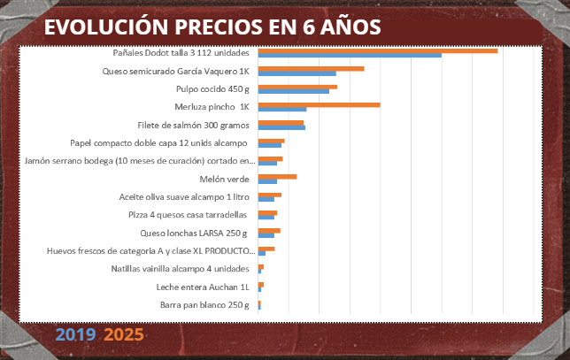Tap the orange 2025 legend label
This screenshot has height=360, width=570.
pos(123,335)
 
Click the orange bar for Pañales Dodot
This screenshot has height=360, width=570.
pos(377,50)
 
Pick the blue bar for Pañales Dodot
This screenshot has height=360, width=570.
pos(349,56)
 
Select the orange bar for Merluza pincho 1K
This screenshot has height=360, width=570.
pos(319,104)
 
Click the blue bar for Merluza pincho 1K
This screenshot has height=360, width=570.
pos(281,110)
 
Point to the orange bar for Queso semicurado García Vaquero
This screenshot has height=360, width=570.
pos(311,68)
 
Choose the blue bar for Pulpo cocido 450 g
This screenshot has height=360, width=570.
pos(293,91)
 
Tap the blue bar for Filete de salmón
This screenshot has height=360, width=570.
pos(281,128)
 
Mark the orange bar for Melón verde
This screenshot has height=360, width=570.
pos(277,177)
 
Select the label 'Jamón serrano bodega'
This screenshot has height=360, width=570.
pos(141,161)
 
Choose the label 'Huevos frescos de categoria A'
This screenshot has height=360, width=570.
pos(150,251)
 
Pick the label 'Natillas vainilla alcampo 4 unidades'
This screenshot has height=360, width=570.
pos(181,269)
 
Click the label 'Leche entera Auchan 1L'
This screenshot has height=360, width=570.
pos(204,287)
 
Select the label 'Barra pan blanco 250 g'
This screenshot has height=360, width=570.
pos(205,305)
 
